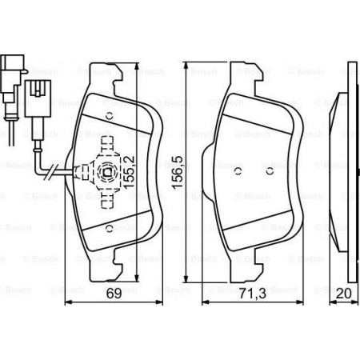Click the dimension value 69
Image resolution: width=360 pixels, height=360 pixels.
[114, 294]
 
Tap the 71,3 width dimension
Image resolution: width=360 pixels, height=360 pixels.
[252, 294]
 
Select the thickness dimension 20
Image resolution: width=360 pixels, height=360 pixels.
[344, 294]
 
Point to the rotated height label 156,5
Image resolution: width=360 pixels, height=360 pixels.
[178, 173]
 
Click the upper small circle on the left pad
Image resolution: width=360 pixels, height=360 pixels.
[110, 116]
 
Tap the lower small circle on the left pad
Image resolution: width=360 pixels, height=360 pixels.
[110, 229]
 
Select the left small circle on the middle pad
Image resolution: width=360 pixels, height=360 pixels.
[238, 171]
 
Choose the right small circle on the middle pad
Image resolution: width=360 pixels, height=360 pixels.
[270, 171]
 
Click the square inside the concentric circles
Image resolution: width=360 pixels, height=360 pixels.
[108, 173]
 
